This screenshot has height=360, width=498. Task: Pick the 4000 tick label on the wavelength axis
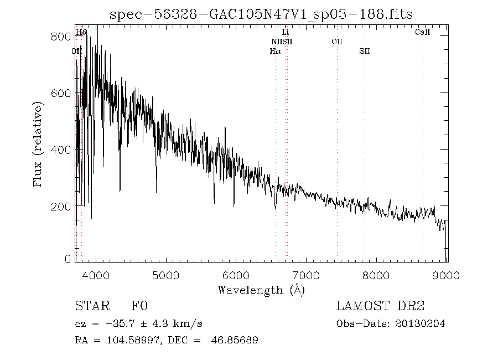[96, 275]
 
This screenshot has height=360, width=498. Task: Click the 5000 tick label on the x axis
[166, 275]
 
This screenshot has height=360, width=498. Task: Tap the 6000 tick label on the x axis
[236, 275]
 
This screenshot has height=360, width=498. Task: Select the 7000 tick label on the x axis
[307, 275]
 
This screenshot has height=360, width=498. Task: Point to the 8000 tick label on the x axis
[377, 275]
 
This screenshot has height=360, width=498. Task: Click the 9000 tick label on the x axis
[447, 275]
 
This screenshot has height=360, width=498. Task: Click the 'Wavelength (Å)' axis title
[261, 290]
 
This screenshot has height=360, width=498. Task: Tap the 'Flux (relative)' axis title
[38, 143]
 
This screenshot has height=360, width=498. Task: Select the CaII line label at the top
[423, 33]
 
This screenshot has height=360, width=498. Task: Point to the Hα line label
[275, 51]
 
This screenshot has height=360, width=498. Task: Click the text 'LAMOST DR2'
[380, 306]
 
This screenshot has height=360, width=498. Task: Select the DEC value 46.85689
[235, 340]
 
